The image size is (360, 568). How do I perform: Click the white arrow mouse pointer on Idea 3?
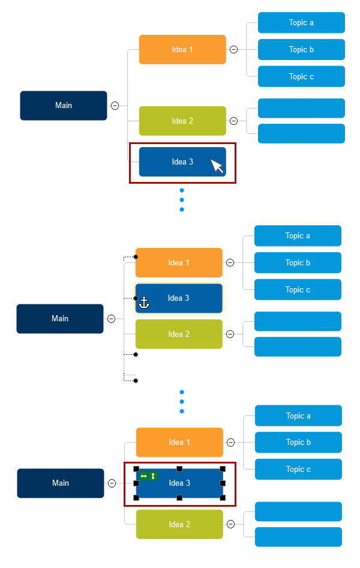pyautogui.click(x=217, y=165)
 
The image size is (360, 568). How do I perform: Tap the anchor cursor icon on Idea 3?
pyautogui.click(x=144, y=303)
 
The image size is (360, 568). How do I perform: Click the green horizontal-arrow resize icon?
pyautogui.click(x=143, y=476)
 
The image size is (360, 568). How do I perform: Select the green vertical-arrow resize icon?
pyautogui.click(x=153, y=476)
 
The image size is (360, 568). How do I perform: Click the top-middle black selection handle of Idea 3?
pyautogui.click(x=179, y=468)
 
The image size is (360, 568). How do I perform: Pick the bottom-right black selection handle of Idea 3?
pyautogui.click(x=223, y=498)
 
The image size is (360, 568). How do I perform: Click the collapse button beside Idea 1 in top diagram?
pyautogui.click(x=233, y=50)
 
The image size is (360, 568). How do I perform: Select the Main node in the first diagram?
pyautogui.click(x=64, y=106)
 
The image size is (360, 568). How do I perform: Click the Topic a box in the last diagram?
pyautogui.click(x=298, y=415)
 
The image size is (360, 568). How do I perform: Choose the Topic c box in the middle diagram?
pyautogui.click(x=298, y=289)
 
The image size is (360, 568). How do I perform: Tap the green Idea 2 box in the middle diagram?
pyautogui.click(x=179, y=334)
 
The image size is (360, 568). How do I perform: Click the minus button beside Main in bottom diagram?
pyautogui.click(x=112, y=483)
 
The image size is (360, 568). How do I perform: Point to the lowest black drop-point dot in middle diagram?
pyautogui.click(x=136, y=381)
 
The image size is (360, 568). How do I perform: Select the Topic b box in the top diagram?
pyautogui.click(x=301, y=50)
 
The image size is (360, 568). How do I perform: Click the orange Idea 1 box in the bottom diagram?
pyautogui.click(x=179, y=443)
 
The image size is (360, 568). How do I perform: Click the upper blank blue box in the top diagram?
pyautogui.click(x=301, y=108)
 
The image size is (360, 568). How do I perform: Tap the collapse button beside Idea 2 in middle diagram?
pyautogui.click(x=230, y=334)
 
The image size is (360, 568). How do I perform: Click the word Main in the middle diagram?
pyautogui.click(x=60, y=319)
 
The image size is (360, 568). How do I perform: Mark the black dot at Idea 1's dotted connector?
pyautogui.click(x=136, y=257)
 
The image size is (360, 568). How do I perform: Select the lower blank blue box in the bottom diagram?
pyautogui.click(x=298, y=537)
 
